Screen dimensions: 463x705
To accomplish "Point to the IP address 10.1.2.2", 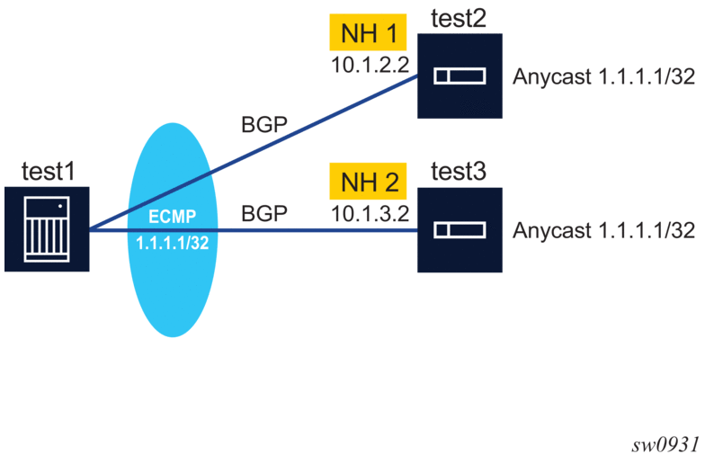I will tap(370, 67).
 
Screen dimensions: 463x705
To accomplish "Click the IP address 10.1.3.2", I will tap(370, 214).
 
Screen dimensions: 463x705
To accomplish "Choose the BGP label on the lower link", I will tap(264, 214).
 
